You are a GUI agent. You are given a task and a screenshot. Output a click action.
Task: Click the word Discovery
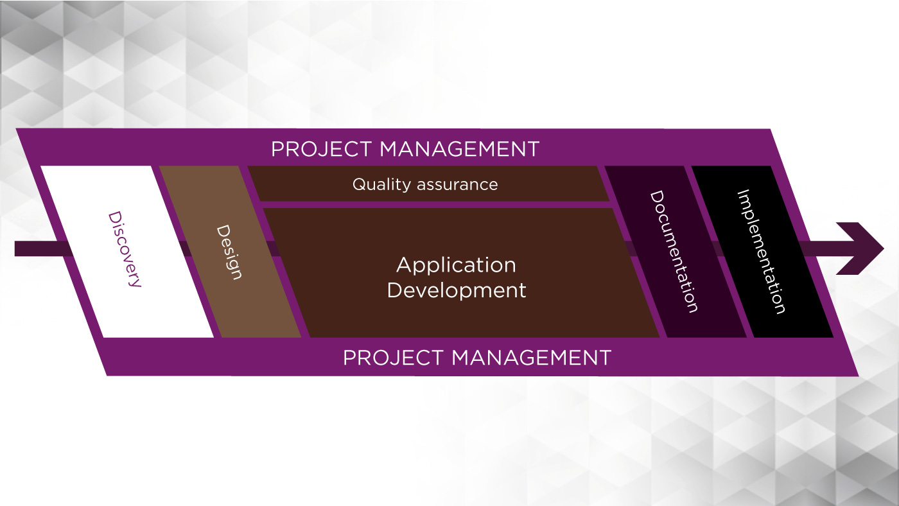tap(125, 249)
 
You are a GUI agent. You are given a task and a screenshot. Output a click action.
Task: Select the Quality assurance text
tap(425, 184)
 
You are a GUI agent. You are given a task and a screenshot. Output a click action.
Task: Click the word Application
tap(457, 265)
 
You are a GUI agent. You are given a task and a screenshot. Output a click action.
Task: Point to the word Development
tap(457, 290)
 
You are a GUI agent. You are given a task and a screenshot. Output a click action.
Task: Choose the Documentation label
tap(674, 252)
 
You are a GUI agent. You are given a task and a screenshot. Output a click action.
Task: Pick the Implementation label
tap(762, 252)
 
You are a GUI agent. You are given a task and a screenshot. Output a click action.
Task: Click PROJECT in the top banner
tap(321, 149)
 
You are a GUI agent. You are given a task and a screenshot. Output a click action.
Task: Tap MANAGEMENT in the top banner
tap(459, 149)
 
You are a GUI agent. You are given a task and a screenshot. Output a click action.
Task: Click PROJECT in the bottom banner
tap(393, 358)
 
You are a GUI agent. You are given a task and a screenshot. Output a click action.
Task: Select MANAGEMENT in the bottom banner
tap(532, 358)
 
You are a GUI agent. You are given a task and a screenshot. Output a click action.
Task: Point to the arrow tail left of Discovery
tap(44, 249)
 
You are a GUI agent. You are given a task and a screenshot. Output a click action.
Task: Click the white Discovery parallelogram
tap(127, 252)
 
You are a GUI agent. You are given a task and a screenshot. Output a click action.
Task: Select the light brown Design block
tap(231, 252)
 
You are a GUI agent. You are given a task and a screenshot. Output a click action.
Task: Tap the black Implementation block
tap(763, 252)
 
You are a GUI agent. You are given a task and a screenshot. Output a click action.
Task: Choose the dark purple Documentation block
tap(676, 252)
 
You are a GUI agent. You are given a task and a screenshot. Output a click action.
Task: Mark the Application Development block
tap(462, 273)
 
